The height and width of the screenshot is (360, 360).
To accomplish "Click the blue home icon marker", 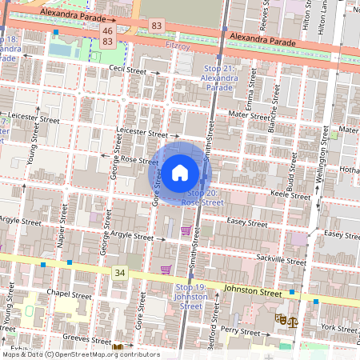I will point(180,172).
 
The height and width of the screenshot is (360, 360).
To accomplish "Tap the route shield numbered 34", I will point(120,273).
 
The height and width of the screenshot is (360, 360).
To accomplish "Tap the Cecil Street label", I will point(128,70).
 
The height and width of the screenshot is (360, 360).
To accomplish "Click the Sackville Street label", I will point(281,261).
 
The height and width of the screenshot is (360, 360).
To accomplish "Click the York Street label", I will point(339,328).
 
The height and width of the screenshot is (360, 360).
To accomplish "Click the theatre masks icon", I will point(280,318).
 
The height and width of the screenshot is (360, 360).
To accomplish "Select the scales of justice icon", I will point(292,320).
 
